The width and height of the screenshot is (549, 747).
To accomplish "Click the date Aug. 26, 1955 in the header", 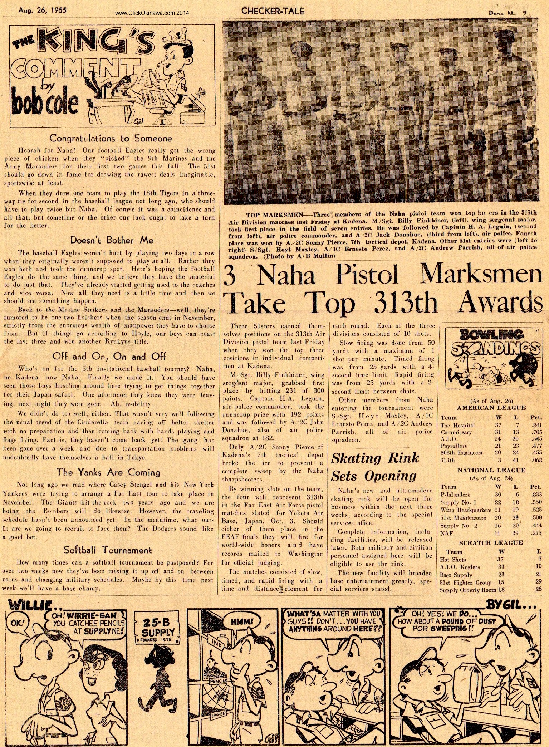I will pyautogui.click(x=43, y=10).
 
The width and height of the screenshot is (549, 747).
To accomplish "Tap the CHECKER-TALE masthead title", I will pyautogui.click(x=273, y=11).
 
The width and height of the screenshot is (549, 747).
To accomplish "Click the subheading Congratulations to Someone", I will pyautogui.click(x=111, y=138).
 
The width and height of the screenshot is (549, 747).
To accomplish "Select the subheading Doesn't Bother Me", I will pyautogui.click(x=107, y=240).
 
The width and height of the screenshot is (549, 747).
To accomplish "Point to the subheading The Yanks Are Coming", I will pyautogui.click(x=108, y=472).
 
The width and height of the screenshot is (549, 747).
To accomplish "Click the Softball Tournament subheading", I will pyautogui.click(x=108, y=550).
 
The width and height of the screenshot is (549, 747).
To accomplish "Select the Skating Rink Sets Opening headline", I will pyautogui.click(x=375, y=467).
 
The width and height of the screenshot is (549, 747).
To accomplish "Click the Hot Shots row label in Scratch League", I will pyautogui.click(x=452, y=560).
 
